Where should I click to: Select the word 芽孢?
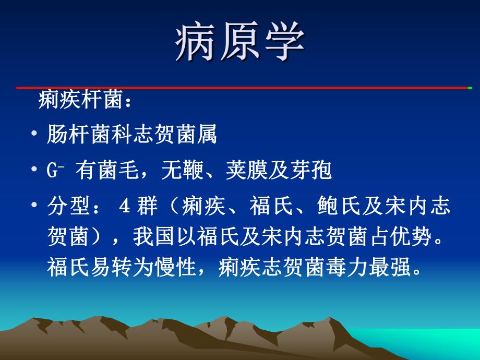point(315,171)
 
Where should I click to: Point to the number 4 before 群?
point(124,207)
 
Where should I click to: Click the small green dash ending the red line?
point(470,88)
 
